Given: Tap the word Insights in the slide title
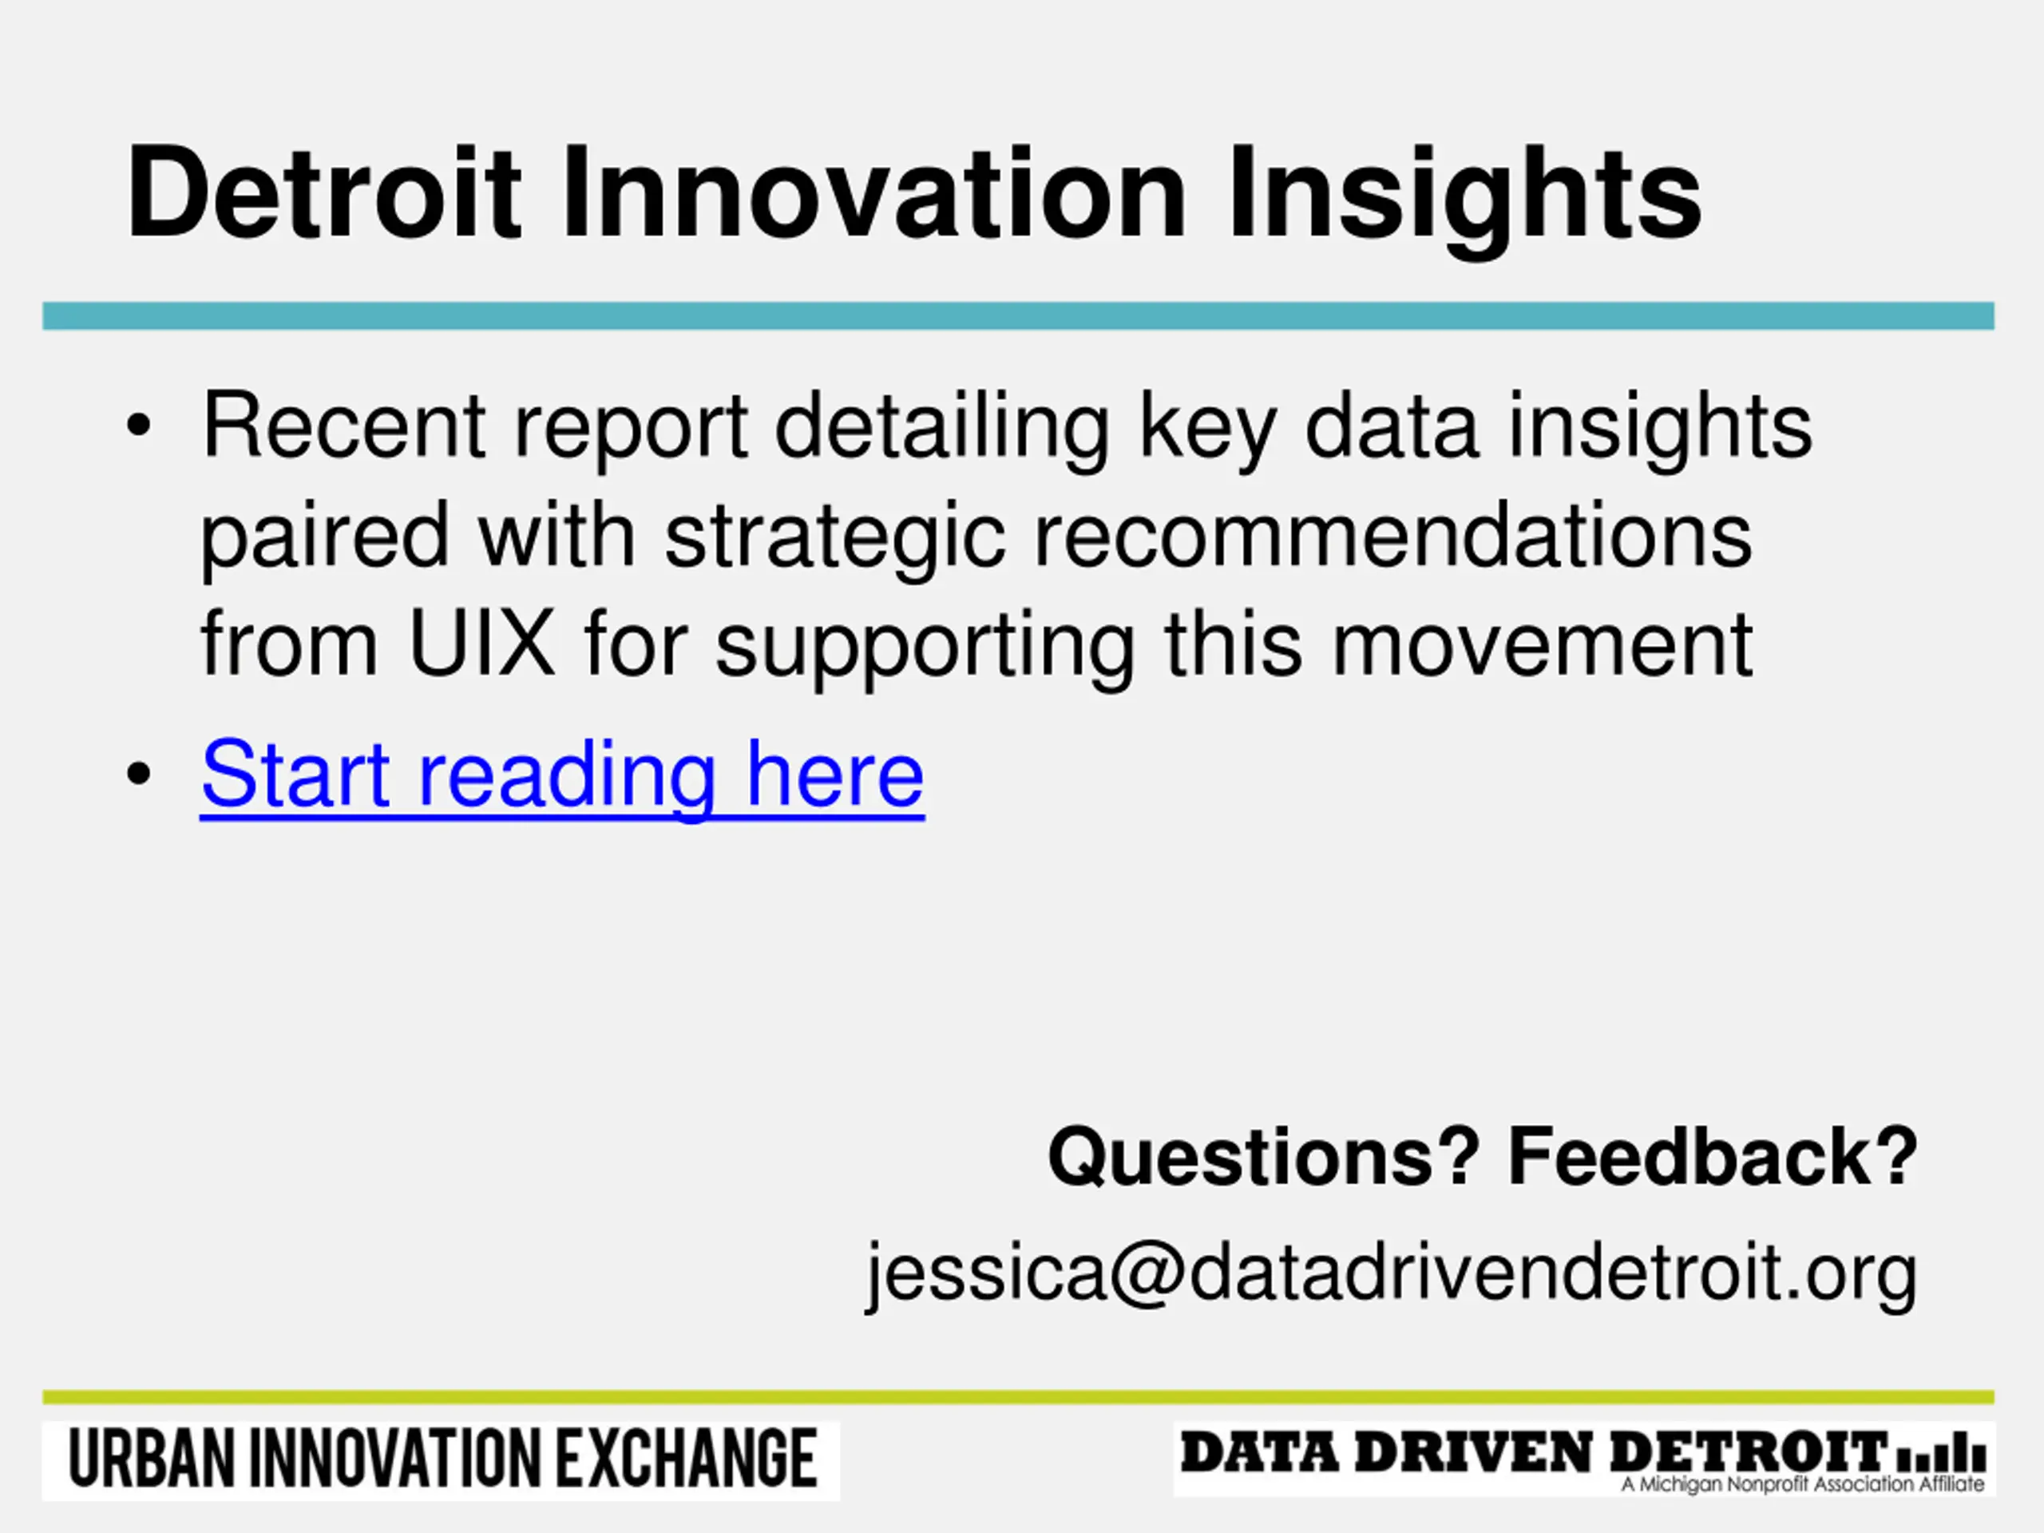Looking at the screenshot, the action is [x=1464, y=201].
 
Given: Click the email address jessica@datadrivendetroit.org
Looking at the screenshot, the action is [x=1391, y=1274].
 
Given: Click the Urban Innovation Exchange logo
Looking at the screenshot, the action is [x=441, y=1461].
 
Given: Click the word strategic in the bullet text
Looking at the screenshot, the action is [x=834, y=544].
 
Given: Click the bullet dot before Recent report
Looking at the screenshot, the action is [x=139, y=426].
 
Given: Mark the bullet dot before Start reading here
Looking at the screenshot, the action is [x=139, y=774].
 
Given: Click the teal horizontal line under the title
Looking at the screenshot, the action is [x=1018, y=316].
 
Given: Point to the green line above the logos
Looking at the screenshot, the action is [x=1018, y=1398].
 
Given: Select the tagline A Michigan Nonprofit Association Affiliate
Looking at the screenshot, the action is [x=1803, y=1484].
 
